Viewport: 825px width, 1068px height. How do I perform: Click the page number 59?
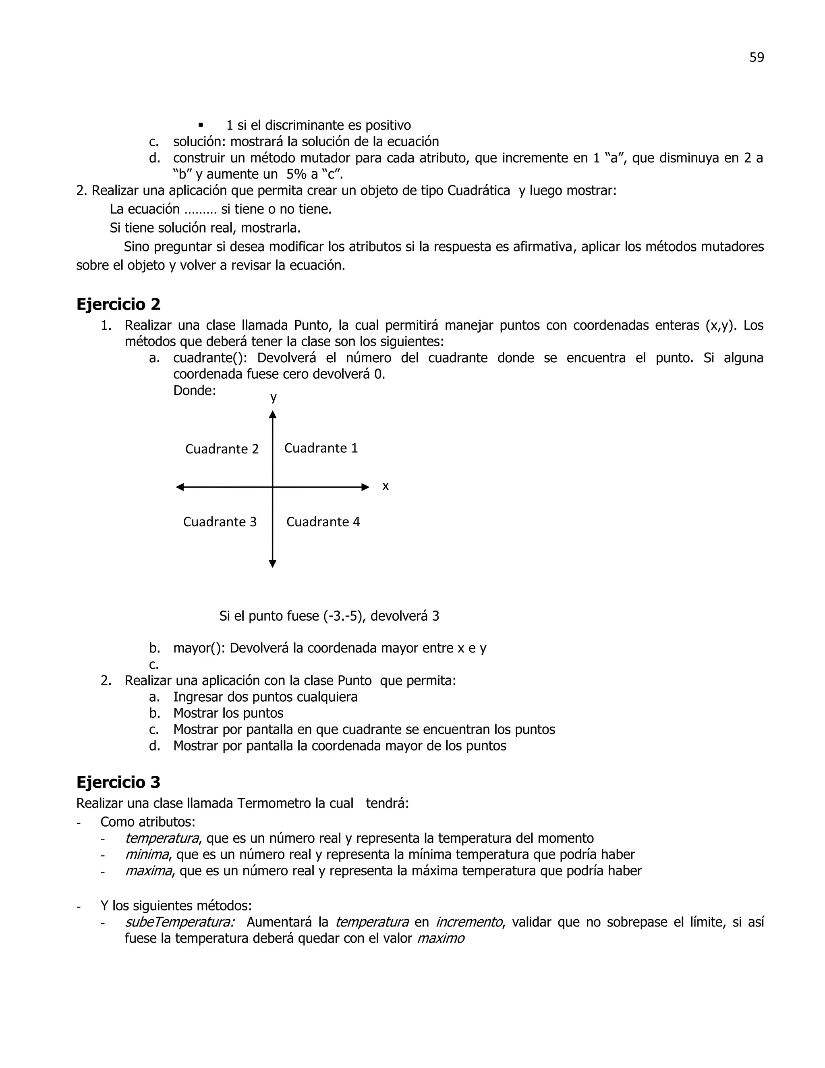(756, 58)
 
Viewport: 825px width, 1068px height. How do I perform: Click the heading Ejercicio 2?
(118, 304)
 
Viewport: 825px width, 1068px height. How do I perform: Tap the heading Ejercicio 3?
(118, 782)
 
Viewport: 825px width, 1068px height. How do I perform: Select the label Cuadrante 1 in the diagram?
(321, 448)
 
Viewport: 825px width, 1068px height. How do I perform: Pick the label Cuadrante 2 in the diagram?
(222, 449)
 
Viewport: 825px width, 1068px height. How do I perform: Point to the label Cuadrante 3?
(220, 522)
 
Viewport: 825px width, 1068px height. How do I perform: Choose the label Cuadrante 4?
(323, 522)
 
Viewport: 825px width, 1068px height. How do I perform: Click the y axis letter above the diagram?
(274, 397)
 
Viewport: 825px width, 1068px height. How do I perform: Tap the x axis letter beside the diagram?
(385, 486)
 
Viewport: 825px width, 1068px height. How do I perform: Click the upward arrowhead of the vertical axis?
(273, 415)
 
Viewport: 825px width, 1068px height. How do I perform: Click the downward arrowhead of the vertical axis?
(273, 563)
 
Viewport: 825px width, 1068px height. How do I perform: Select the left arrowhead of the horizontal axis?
(180, 487)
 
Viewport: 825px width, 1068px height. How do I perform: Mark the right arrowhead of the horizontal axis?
(365, 487)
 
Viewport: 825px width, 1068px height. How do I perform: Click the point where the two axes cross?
(273, 487)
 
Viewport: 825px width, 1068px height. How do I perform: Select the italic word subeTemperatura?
(179, 922)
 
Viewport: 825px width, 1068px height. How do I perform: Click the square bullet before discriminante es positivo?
(200, 125)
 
